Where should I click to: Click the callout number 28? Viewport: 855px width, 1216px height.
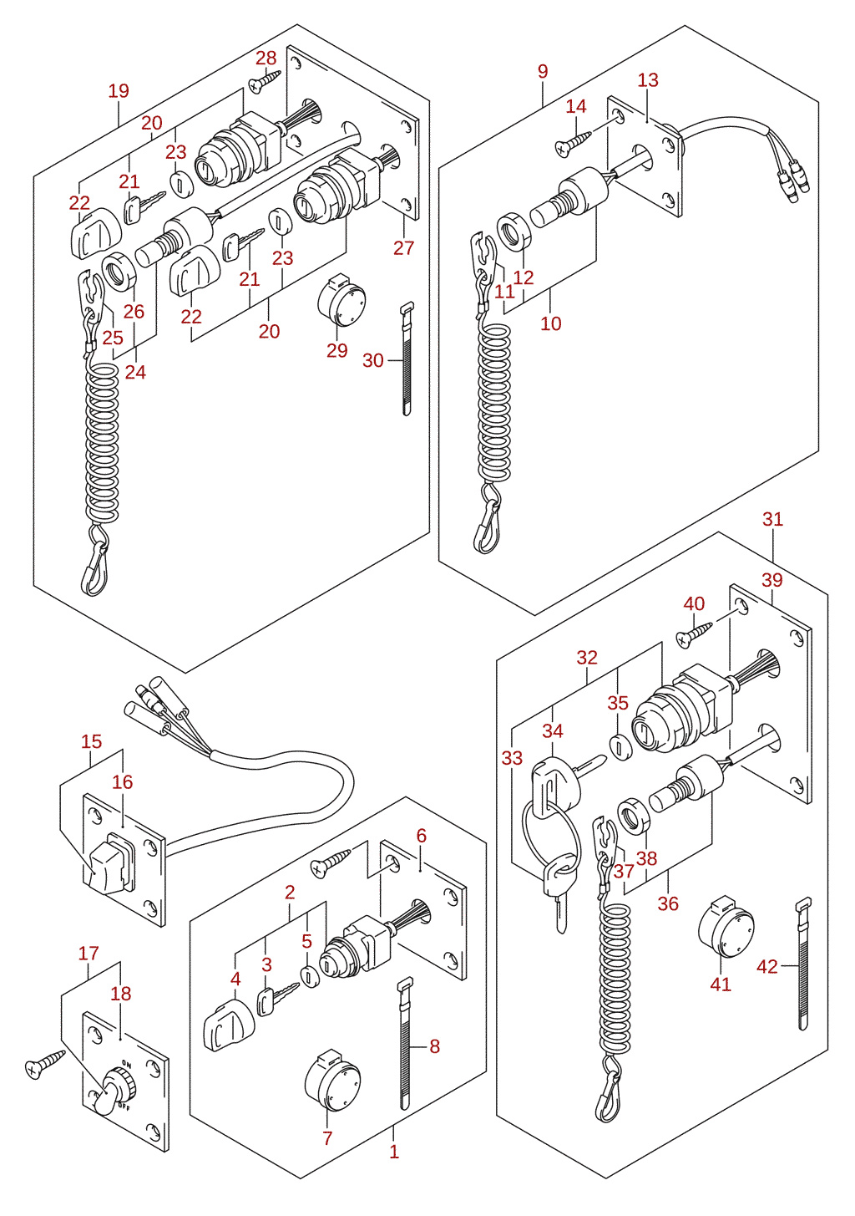266,58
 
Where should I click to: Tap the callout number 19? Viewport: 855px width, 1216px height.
119,90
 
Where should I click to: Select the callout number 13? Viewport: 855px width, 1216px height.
648,80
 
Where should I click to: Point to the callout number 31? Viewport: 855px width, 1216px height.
772,520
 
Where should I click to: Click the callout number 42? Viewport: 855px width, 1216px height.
767,967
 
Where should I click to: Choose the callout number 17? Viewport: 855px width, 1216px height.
89,954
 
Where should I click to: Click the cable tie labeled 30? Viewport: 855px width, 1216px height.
407,359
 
